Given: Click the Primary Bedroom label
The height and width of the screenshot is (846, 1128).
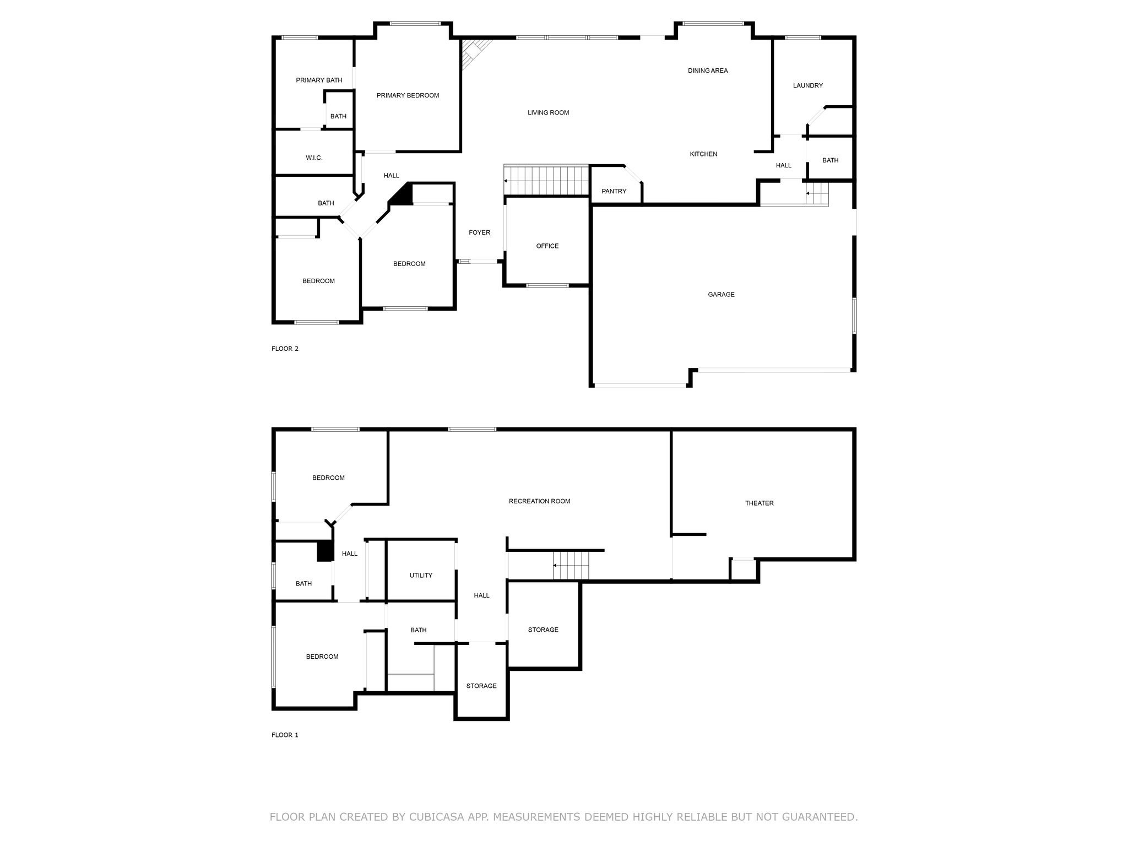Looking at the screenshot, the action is pyautogui.click(x=408, y=95).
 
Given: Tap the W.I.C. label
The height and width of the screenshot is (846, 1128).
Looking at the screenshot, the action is pyautogui.click(x=314, y=158).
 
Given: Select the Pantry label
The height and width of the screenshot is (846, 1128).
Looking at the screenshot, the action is pyautogui.click(x=614, y=191).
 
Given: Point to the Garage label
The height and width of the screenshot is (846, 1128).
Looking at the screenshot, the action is pyautogui.click(x=721, y=295).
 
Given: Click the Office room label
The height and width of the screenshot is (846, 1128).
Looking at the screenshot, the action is pyautogui.click(x=547, y=246).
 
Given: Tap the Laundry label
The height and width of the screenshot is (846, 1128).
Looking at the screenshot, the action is pyautogui.click(x=808, y=85).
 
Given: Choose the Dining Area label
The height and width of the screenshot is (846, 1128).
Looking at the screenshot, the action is pyautogui.click(x=708, y=70).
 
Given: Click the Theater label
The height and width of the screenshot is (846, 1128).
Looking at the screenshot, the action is pyautogui.click(x=759, y=503).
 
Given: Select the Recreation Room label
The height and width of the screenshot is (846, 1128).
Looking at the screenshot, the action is pyautogui.click(x=539, y=501).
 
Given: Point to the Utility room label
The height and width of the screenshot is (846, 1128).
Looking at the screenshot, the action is pyautogui.click(x=421, y=576).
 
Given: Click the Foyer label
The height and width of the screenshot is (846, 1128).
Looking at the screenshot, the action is pyautogui.click(x=479, y=232).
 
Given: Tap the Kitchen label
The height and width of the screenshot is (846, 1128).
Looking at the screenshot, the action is pyautogui.click(x=703, y=154).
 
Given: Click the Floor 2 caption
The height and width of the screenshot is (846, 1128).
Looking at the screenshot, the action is pyautogui.click(x=285, y=349).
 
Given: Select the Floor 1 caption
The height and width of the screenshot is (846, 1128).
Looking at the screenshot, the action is pyautogui.click(x=285, y=735).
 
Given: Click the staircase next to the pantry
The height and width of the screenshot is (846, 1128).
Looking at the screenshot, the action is pyautogui.click(x=547, y=181).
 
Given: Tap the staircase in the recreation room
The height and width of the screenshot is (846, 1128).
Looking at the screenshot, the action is pyautogui.click(x=571, y=565).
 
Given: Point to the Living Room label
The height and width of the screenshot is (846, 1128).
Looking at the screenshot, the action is pyautogui.click(x=548, y=113).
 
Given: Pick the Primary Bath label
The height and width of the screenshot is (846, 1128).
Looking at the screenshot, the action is pyautogui.click(x=319, y=80).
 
